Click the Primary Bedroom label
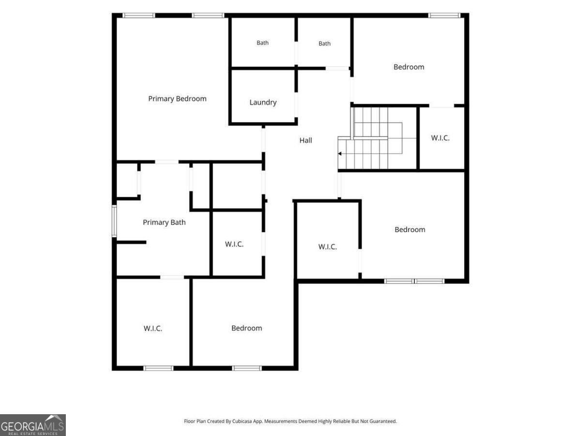pyautogui.click(x=177, y=99)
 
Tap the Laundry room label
pyautogui.click(x=263, y=102)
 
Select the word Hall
pyautogui.click(x=306, y=140)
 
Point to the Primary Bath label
pyautogui.click(x=164, y=222)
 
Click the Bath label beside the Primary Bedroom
pyautogui.click(x=262, y=43)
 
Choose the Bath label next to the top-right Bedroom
pyautogui.click(x=324, y=44)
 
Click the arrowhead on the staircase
pyautogui.click(x=339, y=154)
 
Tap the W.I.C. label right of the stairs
pyautogui.click(x=440, y=138)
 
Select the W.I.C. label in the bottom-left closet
pyautogui.click(x=153, y=328)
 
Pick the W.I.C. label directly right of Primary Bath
pyautogui.click(x=234, y=244)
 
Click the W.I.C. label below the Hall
pyautogui.click(x=327, y=247)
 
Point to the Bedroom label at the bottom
pyautogui.click(x=246, y=328)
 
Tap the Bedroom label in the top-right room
pyautogui.click(x=409, y=67)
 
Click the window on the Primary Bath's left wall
pyautogui.click(x=114, y=221)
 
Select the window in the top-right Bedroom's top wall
pyautogui.click(x=444, y=16)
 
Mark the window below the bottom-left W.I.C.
pyautogui.click(x=158, y=368)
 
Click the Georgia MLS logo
pyautogui.click(x=33, y=425)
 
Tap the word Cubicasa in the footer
pyautogui.click(x=242, y=421)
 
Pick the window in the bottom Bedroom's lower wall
pyautogui.click(x=247, y=368)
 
